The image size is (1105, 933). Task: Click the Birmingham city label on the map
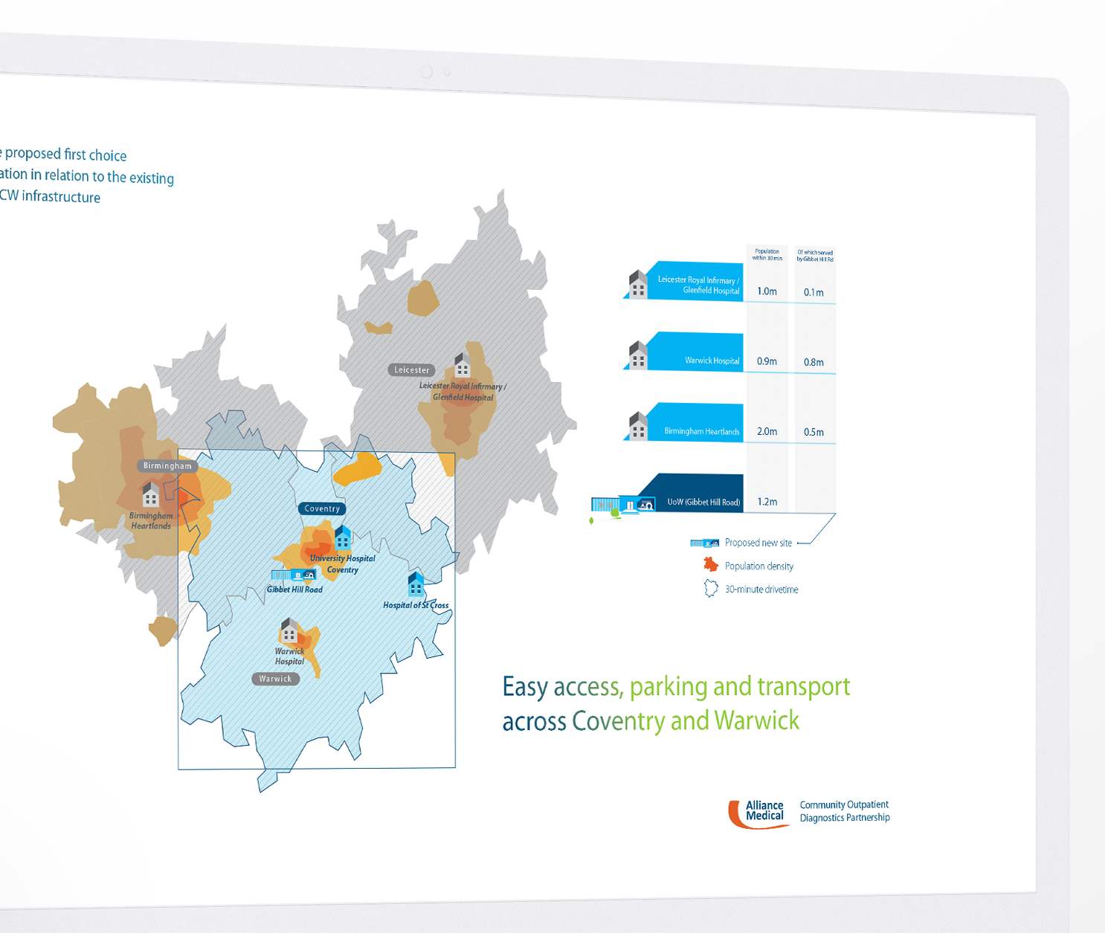(x=167, y=466)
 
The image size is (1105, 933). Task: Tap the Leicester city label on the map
(x=411, y=369)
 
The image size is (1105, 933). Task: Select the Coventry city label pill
(x=322, y=509)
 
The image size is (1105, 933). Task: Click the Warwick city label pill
(x=275, y=679)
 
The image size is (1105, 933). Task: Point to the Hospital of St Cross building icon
(x=416, y=584)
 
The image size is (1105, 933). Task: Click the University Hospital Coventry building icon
(x=342, y=537)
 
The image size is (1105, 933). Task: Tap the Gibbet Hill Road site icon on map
(x=294, y=575)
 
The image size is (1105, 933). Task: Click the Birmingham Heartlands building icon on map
(x=151, y=494)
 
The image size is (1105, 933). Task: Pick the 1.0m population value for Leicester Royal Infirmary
(x=767, y=291)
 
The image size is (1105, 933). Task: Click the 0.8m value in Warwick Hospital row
(x=814, y=362)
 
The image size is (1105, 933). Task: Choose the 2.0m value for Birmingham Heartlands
(x=767, y=431)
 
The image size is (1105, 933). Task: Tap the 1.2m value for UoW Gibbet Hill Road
(x=767, y=502)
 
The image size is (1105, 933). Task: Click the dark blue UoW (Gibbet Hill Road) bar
(x=695, y=494)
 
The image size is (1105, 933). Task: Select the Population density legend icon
(x=711, y=565)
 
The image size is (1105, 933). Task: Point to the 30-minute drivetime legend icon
(x=711, y=589)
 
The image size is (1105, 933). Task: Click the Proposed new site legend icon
(x=704, y=543)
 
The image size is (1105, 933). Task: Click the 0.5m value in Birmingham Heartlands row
(x=814, y=432)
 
